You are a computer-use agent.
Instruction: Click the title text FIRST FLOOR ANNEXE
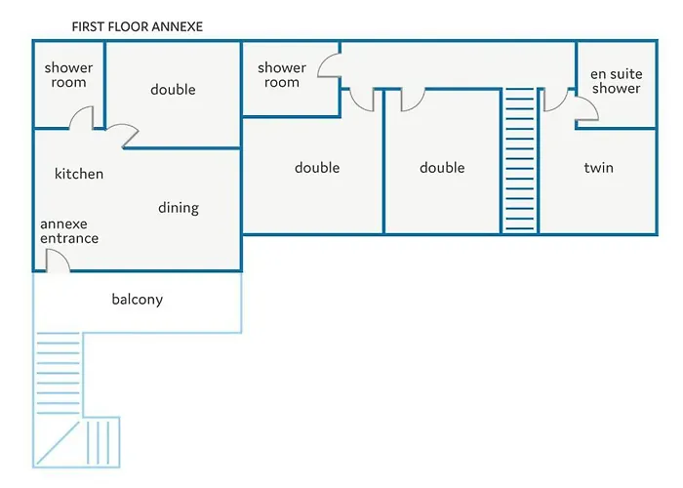pyautogui.click(x=138, y=26)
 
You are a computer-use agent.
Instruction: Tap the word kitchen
pyautogui.click(x=79, y=174)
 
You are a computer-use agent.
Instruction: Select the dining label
pyautogui.click(x=179, y=207)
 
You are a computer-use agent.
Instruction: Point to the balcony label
pyautogui.click(x=137, y=300)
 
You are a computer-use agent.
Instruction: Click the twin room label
pyautogui.click(x=598, y=168)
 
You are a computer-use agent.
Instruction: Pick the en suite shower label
pyautogui.click(x=616, y=81)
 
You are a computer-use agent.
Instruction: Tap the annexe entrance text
pyautogui.click(x=69, y=230)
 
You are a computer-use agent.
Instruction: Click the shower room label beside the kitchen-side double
pyautogui.click(x=68, y=75)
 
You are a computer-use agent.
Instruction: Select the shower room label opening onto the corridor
pyautogui.click(x=282, y=75)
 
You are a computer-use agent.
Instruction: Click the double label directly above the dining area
pyautogui.click(x=173, y=90)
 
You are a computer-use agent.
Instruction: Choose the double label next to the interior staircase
pyautogui.click(x=442, y=168)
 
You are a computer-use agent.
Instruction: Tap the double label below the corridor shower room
pyautogui.click(x=317, y=168)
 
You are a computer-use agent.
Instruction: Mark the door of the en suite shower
pyautogui.click(x=586, y=109)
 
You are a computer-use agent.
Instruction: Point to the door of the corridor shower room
pyautogui.click(x=330, y=66)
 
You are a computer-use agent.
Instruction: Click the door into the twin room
pyautogui.click(x=554, y=100)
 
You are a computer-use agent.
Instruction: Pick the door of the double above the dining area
pyautogui.click(x=122, y=137)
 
